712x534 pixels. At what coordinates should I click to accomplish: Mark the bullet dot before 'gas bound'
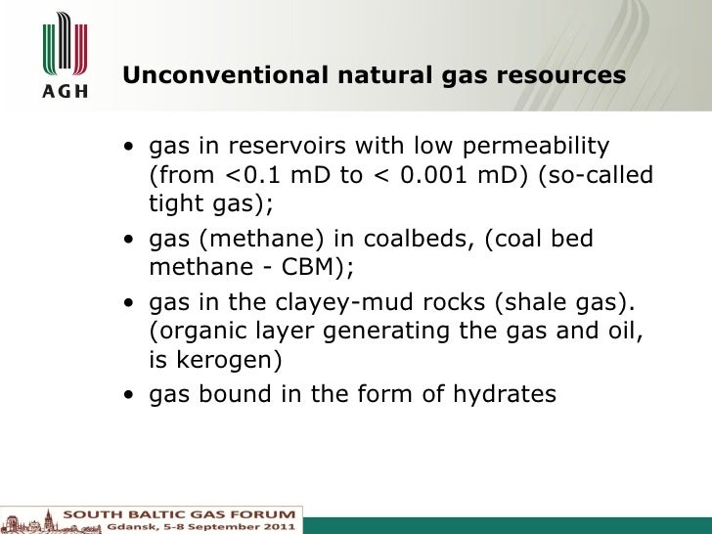click(x=129, y=395)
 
